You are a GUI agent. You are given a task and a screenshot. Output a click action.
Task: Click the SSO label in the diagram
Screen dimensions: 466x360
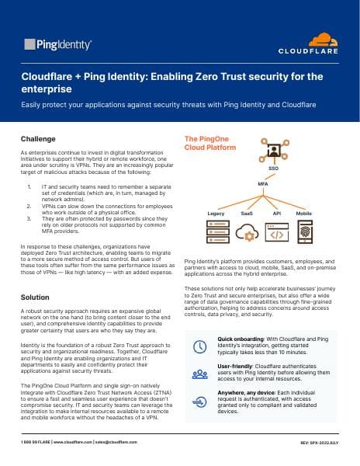[273, 168]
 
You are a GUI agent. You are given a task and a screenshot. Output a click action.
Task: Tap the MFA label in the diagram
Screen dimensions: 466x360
[263, 184]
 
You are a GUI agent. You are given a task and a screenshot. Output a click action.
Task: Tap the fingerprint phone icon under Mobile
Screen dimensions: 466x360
[304, 231]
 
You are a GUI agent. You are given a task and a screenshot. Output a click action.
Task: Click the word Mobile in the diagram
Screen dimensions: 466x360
[304, 212]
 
